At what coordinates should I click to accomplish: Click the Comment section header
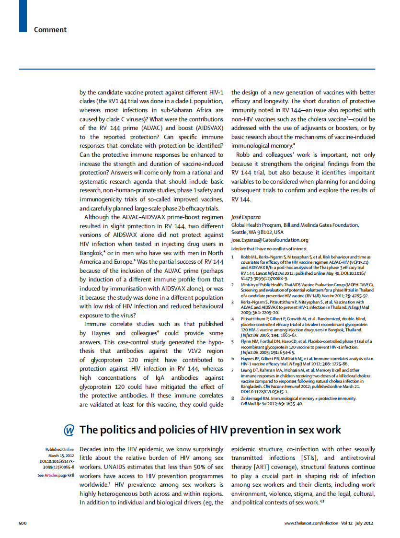[50, 30]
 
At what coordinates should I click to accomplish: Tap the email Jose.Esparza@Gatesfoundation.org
[270, 240]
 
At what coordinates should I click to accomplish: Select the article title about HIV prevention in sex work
[210, 429]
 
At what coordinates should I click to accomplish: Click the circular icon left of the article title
[69, 430]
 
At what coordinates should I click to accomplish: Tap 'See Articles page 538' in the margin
[56, 475]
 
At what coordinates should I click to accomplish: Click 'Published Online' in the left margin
[59, 449]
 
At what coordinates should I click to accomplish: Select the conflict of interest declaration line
[269, 249]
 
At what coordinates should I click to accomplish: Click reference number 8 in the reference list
[233, 398]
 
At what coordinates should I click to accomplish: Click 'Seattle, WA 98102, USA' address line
[257, 232]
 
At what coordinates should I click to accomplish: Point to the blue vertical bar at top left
[23, 16]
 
